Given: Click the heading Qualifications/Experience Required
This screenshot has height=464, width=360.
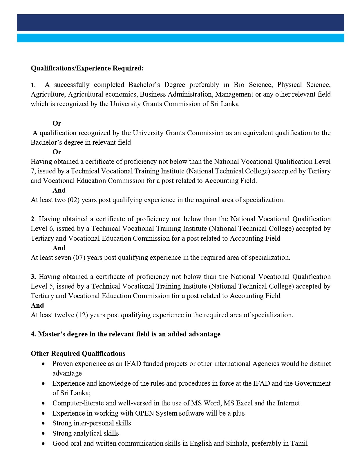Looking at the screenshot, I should point(87,68).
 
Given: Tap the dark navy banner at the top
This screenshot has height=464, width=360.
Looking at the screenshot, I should point(180,23).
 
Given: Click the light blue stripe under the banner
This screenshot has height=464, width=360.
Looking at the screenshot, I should point(180,38).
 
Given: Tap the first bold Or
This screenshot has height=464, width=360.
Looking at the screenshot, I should point(57,123).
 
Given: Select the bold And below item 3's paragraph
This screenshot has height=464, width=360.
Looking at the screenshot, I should point(37,306).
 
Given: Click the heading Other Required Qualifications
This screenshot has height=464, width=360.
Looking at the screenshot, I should point(78,354).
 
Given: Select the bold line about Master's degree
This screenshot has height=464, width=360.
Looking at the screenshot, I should point(125,334).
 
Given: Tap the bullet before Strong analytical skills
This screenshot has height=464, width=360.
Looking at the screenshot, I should point(43,434).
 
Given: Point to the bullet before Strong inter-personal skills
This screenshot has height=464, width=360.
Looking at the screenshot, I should point(43,424).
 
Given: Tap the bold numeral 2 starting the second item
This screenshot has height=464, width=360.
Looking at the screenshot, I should point(33,219).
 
